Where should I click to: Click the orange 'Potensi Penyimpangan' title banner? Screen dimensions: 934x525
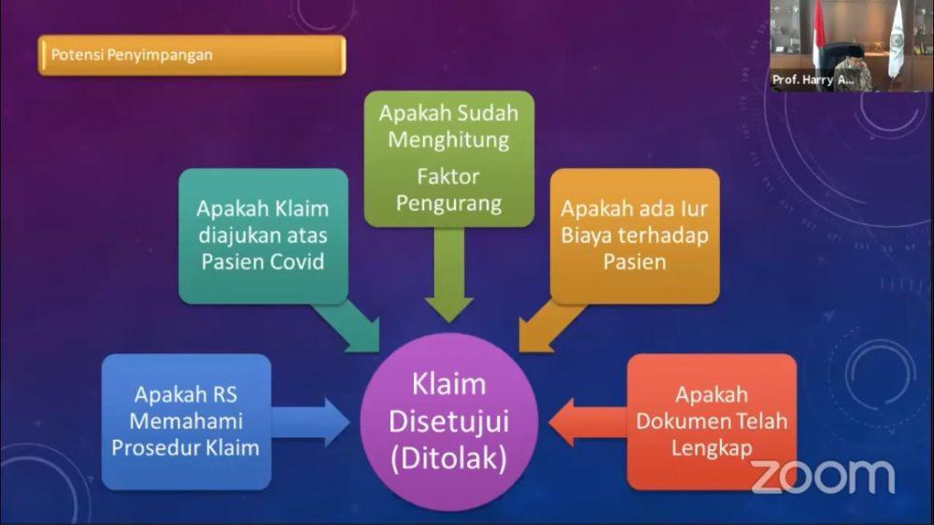coord(191,55)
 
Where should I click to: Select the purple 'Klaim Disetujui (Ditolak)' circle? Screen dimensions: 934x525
coord(448,422)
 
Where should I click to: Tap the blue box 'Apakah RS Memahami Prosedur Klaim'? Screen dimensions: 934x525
coord(187,422)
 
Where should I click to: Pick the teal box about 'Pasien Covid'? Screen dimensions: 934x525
coord(263,236)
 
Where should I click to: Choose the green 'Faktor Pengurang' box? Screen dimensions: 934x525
coord(449,159)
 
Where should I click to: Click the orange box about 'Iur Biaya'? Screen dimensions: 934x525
coord(634,236)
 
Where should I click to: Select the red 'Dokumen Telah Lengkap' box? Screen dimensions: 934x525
coord(712,422)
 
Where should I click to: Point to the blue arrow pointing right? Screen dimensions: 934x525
coord(311,422)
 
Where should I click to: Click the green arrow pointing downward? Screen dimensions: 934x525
coord(449,275)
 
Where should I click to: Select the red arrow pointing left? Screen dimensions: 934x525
coord(587,422)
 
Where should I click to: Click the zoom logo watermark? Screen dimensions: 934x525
coord(823,476)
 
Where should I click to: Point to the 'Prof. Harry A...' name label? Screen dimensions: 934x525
coord(814,79)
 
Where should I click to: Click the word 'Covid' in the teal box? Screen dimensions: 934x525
coord(297,262)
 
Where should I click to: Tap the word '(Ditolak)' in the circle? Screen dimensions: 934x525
coord(448,459)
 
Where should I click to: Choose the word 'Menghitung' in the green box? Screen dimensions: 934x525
coord(448,140)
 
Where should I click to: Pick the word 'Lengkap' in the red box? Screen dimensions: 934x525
coord(712,448)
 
